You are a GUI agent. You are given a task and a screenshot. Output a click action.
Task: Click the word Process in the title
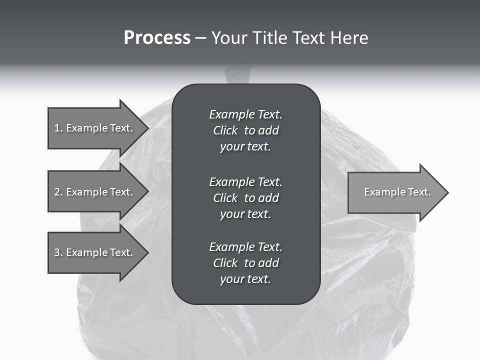click(x=157, y=38)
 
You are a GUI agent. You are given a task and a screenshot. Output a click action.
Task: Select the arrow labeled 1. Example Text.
click(x=95, y=128)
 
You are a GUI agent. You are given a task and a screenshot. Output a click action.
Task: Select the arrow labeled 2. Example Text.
click(x=95, y=192)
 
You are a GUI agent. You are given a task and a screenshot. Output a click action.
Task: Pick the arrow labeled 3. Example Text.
click(x=95, y=252)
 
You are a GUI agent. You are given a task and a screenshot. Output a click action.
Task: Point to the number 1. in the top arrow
click(x=58, y=128)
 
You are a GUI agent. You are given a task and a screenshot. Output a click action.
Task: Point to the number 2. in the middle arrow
click(x=58, y=192)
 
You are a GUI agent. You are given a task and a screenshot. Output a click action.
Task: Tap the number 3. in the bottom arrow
click(x=58, y=252)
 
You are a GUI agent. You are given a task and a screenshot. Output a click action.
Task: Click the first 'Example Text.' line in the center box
click(x=245, y=114)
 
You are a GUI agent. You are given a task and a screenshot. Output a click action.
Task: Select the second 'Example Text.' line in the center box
click(x=245, y=181)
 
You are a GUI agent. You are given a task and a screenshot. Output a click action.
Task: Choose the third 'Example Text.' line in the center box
click(x=245, y=247)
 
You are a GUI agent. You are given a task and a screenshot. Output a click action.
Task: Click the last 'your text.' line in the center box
click(x=245, y=279)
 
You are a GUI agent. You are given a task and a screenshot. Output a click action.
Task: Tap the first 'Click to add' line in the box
click(x=245, y=130)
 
